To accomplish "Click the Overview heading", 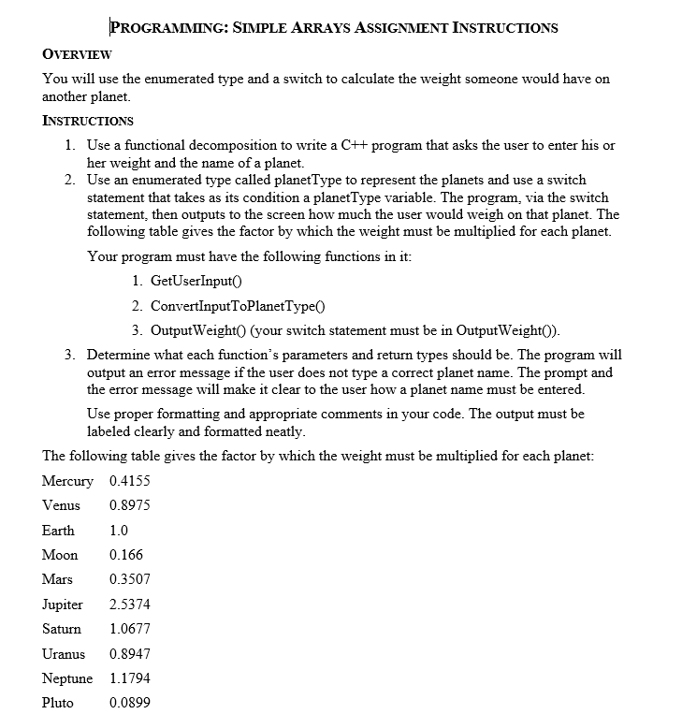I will (x=78, y=54).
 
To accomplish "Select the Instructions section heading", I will (x=88, y=121).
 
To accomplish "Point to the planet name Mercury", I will (x=67, y=481).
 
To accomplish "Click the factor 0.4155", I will (x=130, y=481).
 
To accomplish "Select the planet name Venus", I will (x=61, y=505).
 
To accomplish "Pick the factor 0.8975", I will (x=130, y=505).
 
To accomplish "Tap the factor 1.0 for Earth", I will (x=119, y=530).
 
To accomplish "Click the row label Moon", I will (x=60, y=555).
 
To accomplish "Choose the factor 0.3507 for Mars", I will (x=130, y=579).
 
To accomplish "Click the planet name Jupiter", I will (x=63, y=605).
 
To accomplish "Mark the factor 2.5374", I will (x=130, y=605).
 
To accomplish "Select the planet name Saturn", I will (x=62, y=629).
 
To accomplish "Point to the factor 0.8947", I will (x=130, y=653).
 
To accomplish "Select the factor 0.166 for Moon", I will (x=126, y=555).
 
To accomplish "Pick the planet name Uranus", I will (x=64, y=653).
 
